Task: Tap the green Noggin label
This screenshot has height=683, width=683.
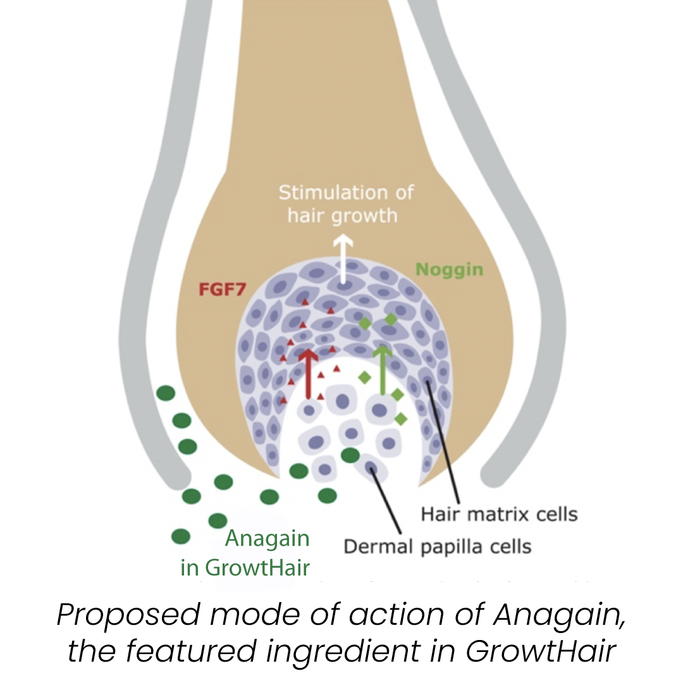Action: (x=449, y=270)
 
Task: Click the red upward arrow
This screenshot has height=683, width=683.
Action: (x=309, y=373)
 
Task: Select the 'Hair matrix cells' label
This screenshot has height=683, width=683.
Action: (x=500, y=514)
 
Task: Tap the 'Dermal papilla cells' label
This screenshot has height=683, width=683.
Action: (x=437, y=545)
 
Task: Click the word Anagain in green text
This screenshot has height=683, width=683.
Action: (x=268, y=539)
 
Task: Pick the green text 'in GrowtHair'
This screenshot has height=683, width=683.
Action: (x=245, y=567)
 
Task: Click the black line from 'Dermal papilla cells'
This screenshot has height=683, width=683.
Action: (x=387, y=500)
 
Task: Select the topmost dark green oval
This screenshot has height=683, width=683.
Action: (x=166, y=393)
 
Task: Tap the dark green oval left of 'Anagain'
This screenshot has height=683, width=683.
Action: (x=181, y=537)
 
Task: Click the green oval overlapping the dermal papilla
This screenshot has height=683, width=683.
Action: (x=350, y=455)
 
